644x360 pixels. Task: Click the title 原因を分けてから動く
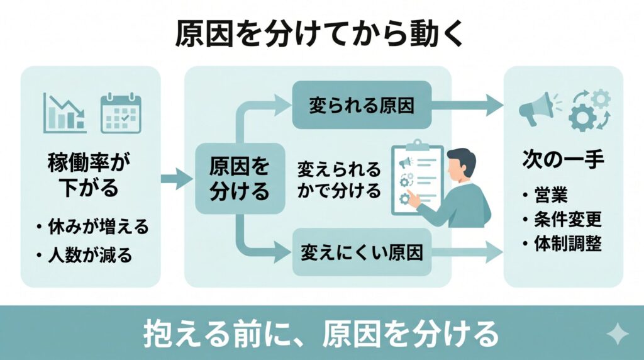(x=321, y=35)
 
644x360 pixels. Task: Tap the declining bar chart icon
(x=65, y=113)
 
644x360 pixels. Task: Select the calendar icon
(x=121, y=113)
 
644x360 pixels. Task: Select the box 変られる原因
(x=362, y=106)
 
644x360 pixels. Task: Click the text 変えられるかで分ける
(x=339, y=179)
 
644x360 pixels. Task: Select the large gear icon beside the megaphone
(x=582, y=118)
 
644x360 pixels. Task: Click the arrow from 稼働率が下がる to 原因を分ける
(x=175, y=179)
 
